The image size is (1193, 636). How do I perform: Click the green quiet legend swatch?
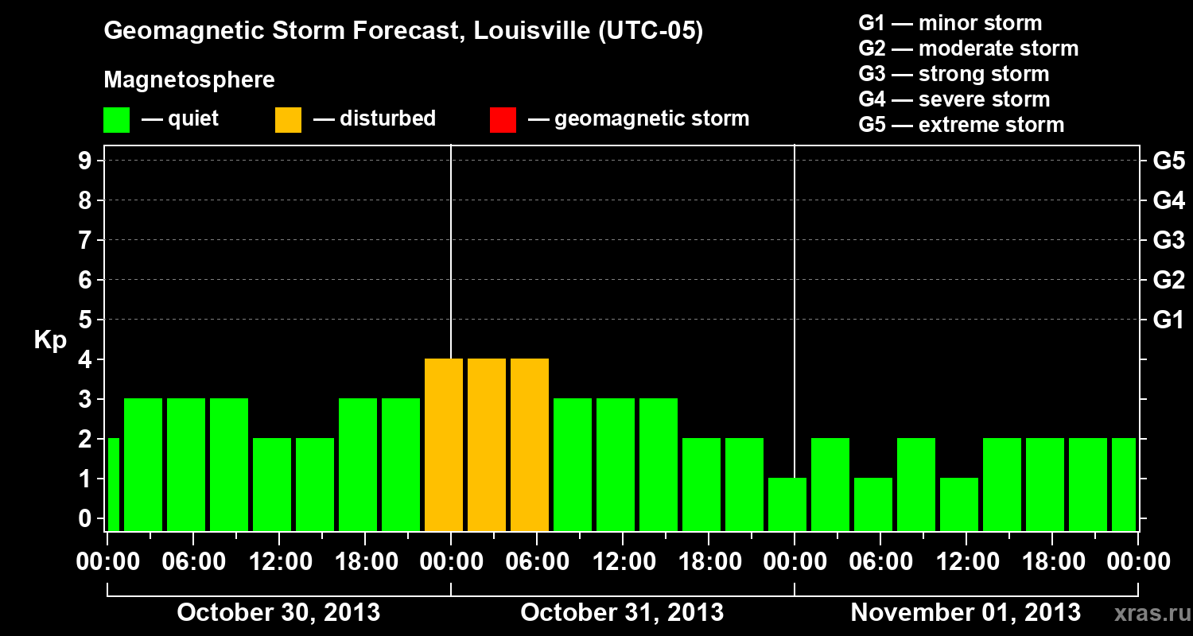(116, 119)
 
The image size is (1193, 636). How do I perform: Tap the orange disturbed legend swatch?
(288, 119)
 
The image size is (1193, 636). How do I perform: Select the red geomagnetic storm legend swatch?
(503, 119)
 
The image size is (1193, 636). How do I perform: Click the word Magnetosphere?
(189, 80)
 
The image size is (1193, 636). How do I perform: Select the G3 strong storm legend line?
(954, 74)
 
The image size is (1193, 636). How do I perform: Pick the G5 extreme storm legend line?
(961, 125)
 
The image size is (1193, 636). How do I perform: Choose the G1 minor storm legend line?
(950, 23)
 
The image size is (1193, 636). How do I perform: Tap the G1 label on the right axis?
(1168, 320)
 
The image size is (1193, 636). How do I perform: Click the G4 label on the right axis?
(1168, 201)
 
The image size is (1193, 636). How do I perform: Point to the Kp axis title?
(50, 340)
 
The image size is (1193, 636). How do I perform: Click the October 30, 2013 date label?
(278, 613)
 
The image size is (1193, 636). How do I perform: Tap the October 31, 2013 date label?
(621, 613)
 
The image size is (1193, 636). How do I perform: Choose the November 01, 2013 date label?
(965, 613)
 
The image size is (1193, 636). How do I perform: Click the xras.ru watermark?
(1147, 613)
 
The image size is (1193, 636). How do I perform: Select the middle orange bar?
(487, 444)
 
